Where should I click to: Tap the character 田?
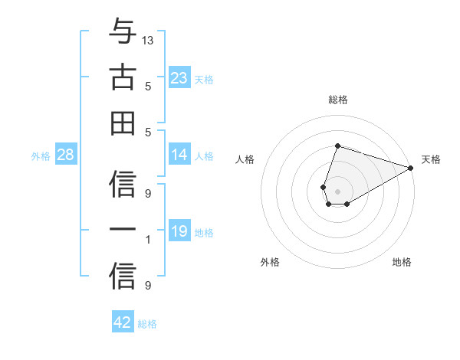coord(123,123)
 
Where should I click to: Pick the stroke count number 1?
coord(148,240)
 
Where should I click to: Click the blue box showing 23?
coord(179,77)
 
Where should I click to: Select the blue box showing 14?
coord(179,155)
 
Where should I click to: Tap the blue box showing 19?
coord(179,231)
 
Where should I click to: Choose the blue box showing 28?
coord(66,155)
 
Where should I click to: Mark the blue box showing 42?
coord(123,322)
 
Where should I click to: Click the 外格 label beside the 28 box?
coord(41,156)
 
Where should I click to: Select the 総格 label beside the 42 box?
coord(147,324)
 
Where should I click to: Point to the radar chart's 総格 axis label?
coord(337,100)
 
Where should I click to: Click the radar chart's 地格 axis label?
coord(402,262)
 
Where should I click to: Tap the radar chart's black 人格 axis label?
coord(245,159)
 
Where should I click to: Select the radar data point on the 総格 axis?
coord(337,146)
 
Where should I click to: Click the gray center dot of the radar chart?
coord(337,190)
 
